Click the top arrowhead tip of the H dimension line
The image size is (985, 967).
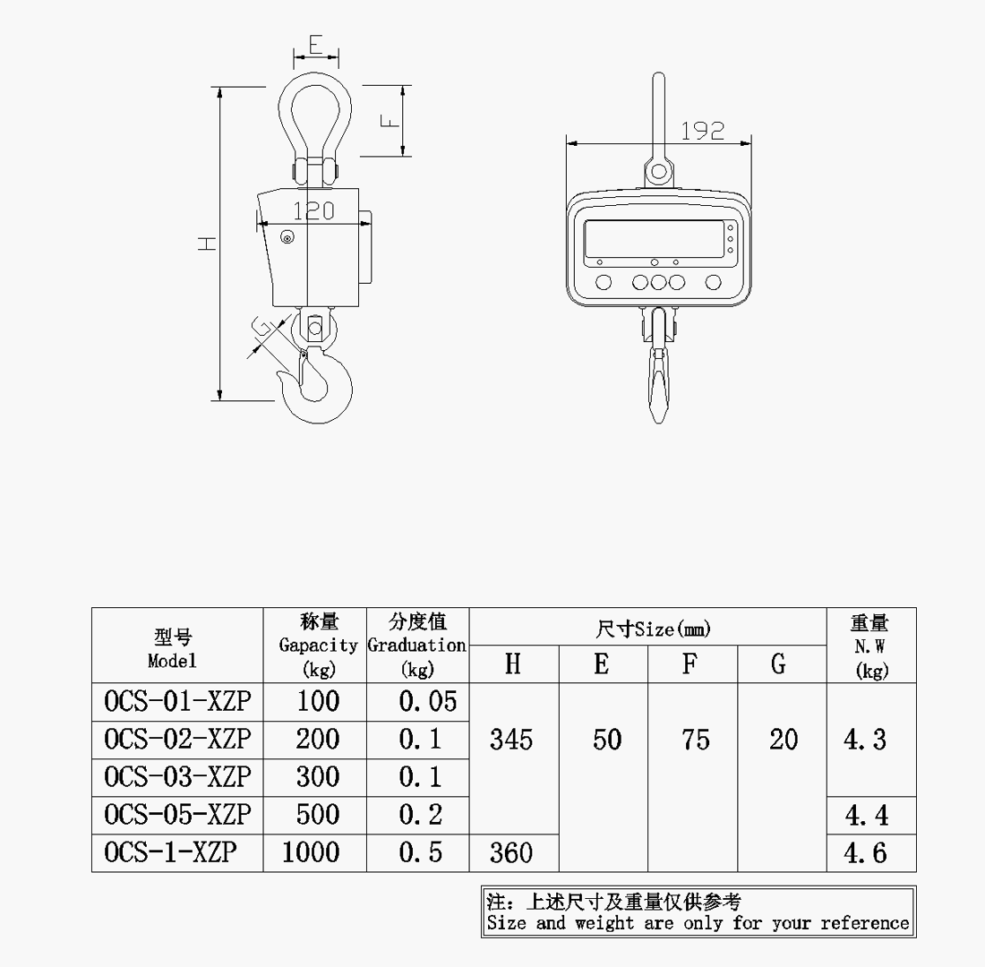tap(220, 87)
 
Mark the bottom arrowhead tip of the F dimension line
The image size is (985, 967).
tap(403, 156)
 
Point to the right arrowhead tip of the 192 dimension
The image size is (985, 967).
tap(752, 143)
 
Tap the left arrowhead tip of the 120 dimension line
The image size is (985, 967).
tap(258, 223)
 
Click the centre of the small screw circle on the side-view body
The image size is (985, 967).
tap(287, 237)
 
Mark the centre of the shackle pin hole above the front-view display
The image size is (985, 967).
tap(658, 170)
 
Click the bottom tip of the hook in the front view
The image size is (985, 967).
tap(658, 423)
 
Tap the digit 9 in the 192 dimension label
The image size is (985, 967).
tap(703, 131)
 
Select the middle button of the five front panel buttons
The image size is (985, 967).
tap(658, 282)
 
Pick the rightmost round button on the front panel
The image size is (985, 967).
tap(713, 282)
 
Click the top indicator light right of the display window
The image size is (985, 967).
tap(730, 227)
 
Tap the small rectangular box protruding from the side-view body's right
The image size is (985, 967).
tap(365, 248)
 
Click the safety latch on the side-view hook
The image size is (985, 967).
tap(302, 367)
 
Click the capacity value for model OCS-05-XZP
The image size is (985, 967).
tap(318, 815)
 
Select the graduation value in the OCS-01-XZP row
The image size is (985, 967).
tap(428, 702)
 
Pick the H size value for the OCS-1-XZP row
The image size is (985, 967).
tap(511, 852)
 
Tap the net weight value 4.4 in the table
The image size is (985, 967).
tap(866, 816)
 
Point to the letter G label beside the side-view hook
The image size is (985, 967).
tap(262, 328)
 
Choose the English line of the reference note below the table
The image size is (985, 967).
tap(698, 923)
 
